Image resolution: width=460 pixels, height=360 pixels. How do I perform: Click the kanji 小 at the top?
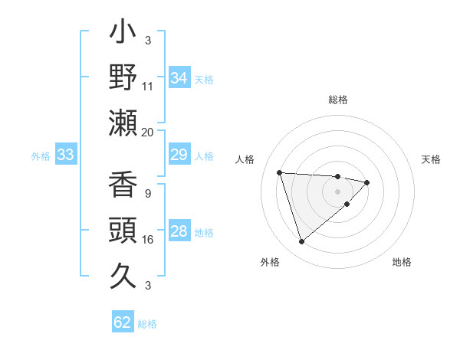[123, 35]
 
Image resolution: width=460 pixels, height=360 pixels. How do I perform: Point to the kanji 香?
[123, 185]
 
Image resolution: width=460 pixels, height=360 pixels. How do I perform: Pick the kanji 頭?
[123, 230]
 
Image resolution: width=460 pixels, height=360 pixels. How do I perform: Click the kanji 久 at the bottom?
[123, 273]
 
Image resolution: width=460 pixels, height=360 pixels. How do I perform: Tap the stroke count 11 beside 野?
[148, 87]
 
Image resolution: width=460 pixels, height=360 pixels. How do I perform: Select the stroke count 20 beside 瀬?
[148, 132]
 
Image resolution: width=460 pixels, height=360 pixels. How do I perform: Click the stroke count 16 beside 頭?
[148, 240]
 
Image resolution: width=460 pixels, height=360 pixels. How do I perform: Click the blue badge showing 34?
[179, 78]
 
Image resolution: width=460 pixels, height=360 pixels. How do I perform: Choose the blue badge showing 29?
[179, 155]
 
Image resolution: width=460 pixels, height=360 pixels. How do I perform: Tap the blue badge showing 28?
[179, 231]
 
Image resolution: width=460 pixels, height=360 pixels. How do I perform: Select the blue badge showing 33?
[65, 155]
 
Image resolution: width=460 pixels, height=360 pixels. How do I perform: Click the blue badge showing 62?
[123, 322]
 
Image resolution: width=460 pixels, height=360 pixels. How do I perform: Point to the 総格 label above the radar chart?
[338, 100]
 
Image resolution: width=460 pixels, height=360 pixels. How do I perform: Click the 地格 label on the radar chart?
[402, 262]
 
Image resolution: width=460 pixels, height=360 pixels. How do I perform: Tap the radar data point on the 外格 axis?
[301, 242]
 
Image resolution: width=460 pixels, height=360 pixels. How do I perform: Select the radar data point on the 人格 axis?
[280, 172]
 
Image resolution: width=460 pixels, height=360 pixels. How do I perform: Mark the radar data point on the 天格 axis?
[367, 182]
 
